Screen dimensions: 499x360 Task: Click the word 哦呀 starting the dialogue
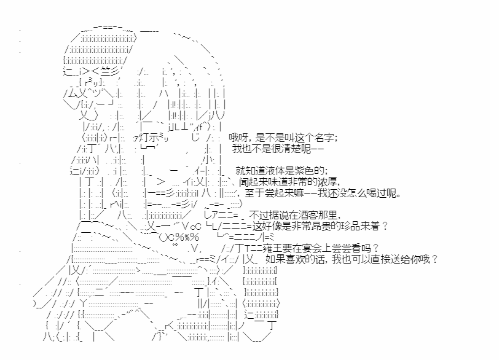coord(234,138)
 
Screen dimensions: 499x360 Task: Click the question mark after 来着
coord(385,226)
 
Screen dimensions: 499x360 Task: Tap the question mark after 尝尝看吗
coord(375,248)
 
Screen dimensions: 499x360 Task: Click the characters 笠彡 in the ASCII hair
coord(110,71)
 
